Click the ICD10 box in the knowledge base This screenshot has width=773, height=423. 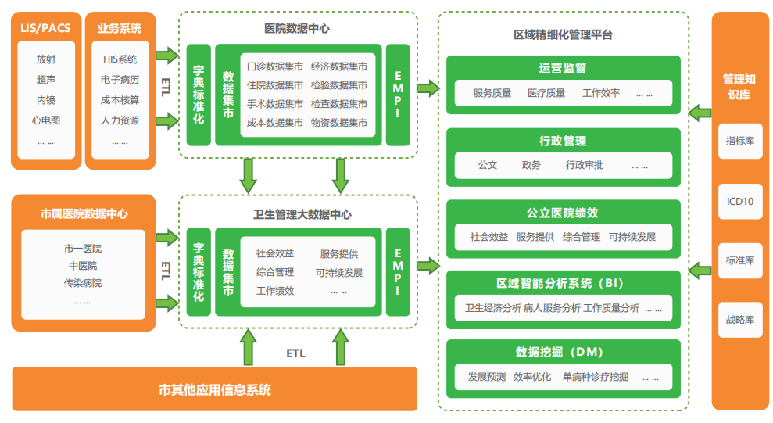point(739,201)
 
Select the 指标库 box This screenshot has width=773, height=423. point(739,142)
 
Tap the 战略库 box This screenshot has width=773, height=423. point(739,319)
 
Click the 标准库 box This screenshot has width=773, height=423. point(739,260)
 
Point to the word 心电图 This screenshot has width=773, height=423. point(45,120)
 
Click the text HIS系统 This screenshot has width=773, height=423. point(120,59)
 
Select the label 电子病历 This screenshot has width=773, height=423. point(120,80)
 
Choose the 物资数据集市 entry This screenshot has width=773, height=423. point(338,123)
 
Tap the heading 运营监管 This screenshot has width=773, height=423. point(563,68)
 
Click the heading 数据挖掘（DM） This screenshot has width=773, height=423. point(563,352)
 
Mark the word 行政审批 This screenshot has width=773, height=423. point(585,166)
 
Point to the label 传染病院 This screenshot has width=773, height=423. point(83,282)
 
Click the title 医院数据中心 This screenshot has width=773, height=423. point(296,28)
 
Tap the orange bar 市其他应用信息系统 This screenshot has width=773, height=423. point(215,389)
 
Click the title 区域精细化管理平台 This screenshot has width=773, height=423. point(563,34)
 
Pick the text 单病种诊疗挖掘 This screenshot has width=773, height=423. point(595,377)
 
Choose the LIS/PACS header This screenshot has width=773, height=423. point(45,29)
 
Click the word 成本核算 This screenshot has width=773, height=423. point(120,100)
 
